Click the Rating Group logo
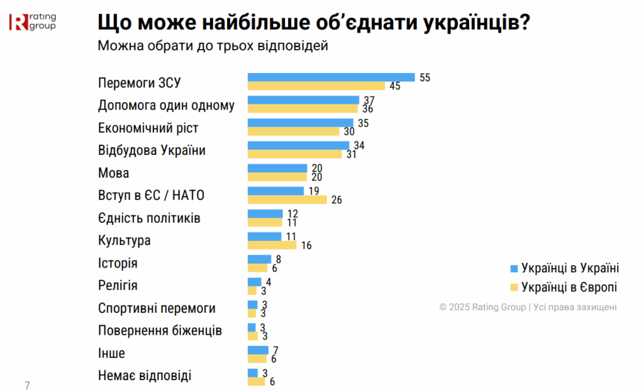32,23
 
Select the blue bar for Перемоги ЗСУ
331,77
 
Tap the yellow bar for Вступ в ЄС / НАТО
287,199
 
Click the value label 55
425,77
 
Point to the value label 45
394,86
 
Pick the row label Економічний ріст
148,128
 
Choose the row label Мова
114,173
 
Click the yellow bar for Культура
272,245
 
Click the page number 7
27,384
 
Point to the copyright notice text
528,307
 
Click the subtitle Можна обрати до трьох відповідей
213,45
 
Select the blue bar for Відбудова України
298,145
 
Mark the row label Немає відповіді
145,376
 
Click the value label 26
337,199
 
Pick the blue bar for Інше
258,350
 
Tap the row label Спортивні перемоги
157,308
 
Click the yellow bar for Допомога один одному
303,109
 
